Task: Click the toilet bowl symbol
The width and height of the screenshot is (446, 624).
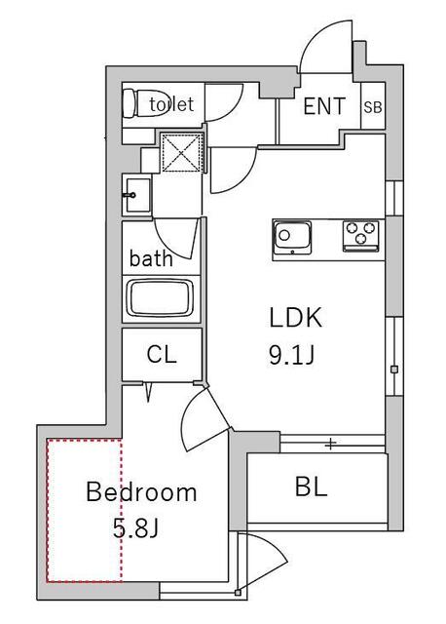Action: coord(144,103)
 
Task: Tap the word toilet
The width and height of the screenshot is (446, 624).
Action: coord(171,104)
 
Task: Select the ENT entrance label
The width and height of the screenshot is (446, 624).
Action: coord(324,106)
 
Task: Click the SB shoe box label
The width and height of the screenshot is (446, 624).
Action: coord(373,107)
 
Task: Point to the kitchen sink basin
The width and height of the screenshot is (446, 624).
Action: coord(292,238)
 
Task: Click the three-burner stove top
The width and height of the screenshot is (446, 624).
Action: coord(361,236)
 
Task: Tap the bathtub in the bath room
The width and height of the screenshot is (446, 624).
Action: coord(160,298)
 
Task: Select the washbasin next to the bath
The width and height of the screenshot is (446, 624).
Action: coord(136,195)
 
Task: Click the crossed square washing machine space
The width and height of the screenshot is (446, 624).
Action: coord(181,153)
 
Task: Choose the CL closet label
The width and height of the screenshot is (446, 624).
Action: coord(162,354)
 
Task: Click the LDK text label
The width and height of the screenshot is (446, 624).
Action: coord(296,318)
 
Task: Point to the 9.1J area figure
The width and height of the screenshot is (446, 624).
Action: coord(291,355)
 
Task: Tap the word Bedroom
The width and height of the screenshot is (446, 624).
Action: coord(141,492)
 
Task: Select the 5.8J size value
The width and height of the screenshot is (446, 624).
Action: coord(136,528)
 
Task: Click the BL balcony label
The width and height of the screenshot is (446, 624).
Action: coord(312,487)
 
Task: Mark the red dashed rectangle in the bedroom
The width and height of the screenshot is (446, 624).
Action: coord(84,511)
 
